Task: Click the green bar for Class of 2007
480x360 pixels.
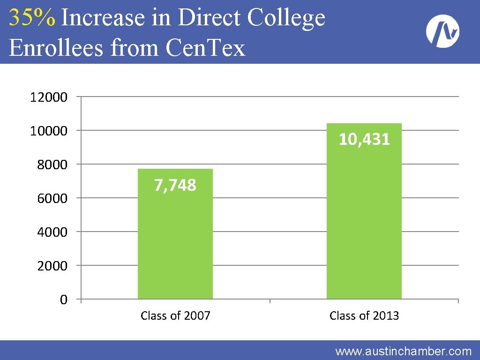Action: click(x=175, y=233)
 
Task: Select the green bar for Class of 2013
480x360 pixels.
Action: click(x=364, y=211)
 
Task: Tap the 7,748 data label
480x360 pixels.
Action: click(x=175, y=185)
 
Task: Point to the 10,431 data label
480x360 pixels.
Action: click(x=364, y=139)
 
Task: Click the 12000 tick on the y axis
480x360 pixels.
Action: click(x=49, y=97)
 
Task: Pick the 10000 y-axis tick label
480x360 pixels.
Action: click(x=49, y=131)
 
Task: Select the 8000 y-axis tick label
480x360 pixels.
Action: click(x=52, y=165)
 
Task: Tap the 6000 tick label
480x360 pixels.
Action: click(x=52, y=198)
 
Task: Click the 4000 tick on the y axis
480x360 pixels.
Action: click(x=52, y=232)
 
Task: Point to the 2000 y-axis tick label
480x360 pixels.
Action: click(x=52, y=265)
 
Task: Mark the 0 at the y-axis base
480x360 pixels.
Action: click(x=64, y=299)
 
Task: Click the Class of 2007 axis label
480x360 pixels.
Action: click(x=175, y=315)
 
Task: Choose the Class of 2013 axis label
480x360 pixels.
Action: click(x=364, y=315)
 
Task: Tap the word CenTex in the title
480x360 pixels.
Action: click(x=205, y=47)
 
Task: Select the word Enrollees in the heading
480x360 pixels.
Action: click(x=56, y=47)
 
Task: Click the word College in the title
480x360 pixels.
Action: click(x=286, y=18)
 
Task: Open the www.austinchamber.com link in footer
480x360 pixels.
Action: click(x=404, y=351)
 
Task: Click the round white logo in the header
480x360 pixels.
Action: click(x=442, y=31)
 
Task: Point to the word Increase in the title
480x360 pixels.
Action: click(x=103, y=17)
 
